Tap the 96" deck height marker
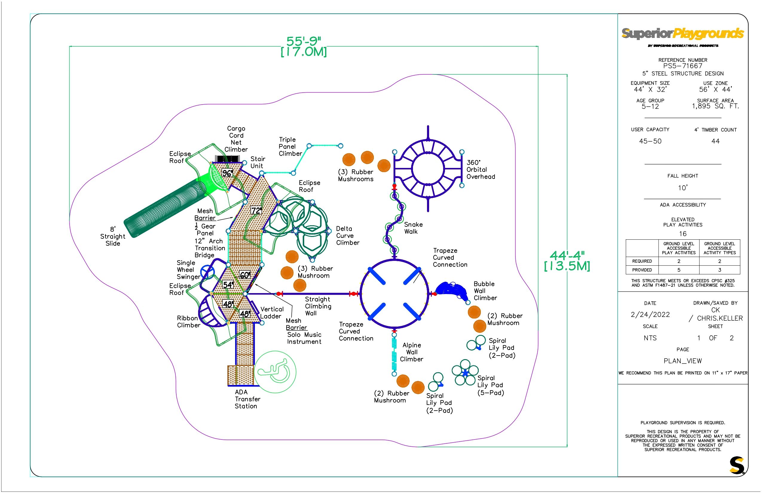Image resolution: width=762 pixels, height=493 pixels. (x=227, y=173)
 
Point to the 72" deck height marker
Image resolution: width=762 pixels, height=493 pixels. (x=256, y=210)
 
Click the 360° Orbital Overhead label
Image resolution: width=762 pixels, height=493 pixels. (x=480, y=170)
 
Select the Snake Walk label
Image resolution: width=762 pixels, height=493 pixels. (x=413, y=228)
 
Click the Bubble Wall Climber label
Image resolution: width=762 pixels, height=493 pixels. (x=485, y=291)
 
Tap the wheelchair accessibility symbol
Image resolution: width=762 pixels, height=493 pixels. (x=275, y=371)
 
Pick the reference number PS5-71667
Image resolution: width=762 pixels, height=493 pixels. (x=683, y=66)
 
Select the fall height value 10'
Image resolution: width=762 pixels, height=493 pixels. (x=683, y=188)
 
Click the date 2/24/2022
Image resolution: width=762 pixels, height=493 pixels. (x=650, y=315)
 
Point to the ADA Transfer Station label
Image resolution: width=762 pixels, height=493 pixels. (x=247, y=399)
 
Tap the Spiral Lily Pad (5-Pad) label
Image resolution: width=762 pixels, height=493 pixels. (x=490, y=385)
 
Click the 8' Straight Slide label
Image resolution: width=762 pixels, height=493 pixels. (x=112, y=236)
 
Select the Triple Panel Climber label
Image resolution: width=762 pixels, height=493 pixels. (x=290, y=147)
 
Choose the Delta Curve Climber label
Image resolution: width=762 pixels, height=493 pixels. (x=347, y=236)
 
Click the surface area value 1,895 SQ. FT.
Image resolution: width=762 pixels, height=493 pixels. (x=715, y=106)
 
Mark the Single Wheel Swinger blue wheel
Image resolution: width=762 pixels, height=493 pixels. (x=207, y=272)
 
